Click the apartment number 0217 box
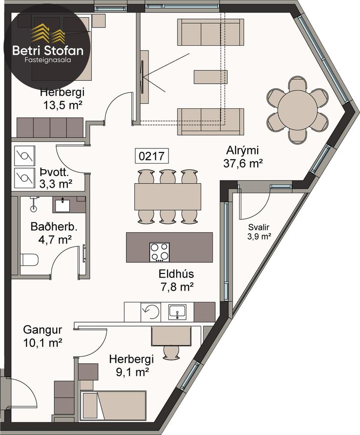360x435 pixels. point(151,156)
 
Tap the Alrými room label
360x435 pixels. point(243,150)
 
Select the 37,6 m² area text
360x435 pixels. point(243,164)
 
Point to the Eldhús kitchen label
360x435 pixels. point(176,274)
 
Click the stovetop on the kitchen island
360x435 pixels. point(159,252)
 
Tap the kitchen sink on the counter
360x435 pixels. point(177,312)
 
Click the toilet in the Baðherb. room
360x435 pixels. point(29,260)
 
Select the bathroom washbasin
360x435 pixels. point(64,205)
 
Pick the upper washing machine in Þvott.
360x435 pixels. point(25,156)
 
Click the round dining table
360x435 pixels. point(297,110)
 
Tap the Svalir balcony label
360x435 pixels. point(259,227)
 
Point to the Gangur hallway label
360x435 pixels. point(43,330)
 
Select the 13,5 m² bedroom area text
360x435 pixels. point(63,105)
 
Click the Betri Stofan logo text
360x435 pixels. point(48,51)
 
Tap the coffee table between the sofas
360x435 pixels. point(211,77)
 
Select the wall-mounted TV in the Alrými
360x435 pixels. point(142,77)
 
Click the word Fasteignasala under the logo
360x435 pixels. point(48,60)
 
